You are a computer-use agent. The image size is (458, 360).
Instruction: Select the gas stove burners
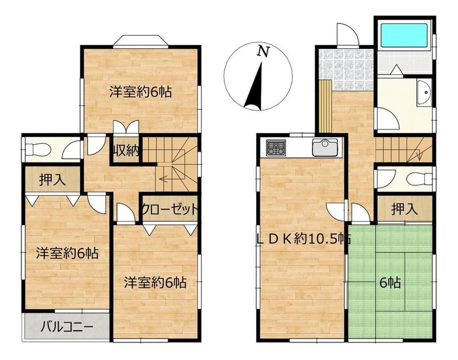click(x=276, y=147)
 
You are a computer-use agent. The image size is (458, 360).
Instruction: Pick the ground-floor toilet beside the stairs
click(x=420, y=179)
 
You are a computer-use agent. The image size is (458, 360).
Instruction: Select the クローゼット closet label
click(x=170, y=209)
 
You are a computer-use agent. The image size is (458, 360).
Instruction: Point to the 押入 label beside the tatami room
click(x=404, y=209)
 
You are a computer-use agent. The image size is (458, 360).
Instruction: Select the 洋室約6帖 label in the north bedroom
click(x=141, y=92)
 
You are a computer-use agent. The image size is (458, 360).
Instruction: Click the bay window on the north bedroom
click(x=141, y=41)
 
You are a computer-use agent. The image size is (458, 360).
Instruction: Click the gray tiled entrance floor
click(x=346, y=70)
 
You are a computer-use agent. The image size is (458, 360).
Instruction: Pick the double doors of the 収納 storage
click(x=126, y=127)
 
